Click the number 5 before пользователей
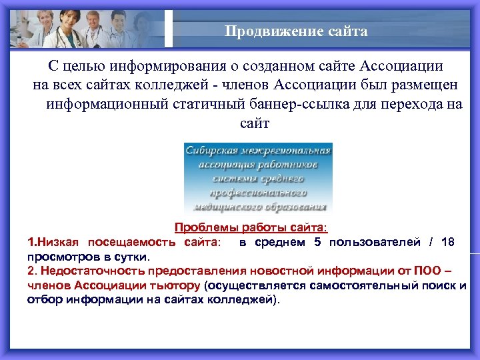(x=317, y=242)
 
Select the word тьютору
(x=169, y=286)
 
